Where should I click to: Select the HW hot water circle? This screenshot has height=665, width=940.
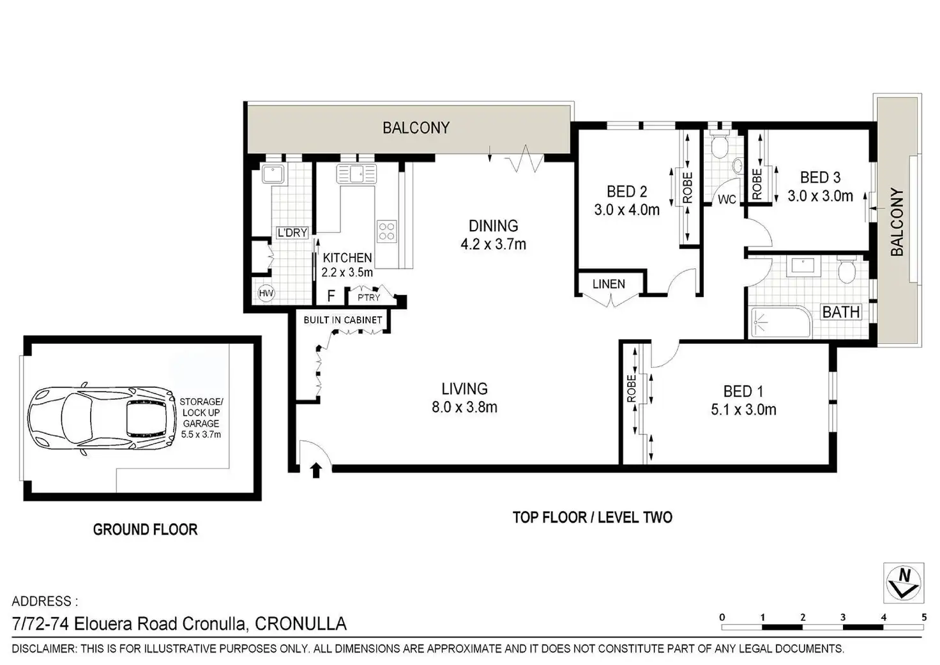click(266, 293)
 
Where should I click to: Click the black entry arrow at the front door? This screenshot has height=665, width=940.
click(316, 471)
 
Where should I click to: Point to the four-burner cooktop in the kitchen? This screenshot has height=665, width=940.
click(386, 232)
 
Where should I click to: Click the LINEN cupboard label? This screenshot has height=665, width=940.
click(609, 284)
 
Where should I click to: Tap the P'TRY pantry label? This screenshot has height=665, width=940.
click(369, 297)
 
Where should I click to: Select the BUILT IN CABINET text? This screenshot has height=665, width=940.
click(343, 320)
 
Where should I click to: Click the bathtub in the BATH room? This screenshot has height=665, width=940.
click(781, 323)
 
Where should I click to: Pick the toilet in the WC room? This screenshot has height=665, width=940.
click(719, 142)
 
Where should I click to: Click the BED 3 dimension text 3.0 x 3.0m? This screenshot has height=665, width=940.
click(821, 196)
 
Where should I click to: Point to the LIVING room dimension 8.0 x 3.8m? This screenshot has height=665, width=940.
click(464, 407)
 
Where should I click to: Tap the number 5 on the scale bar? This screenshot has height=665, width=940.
click(923, 617)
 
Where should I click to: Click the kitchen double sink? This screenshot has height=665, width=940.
click(356, 174)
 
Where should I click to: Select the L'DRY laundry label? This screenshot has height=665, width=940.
click(292, 232)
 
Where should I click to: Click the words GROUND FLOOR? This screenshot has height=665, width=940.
click(145, 530)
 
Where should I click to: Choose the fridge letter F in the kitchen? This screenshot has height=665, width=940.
click(331, 296)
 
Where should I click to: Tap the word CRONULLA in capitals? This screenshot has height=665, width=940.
click(301, 624)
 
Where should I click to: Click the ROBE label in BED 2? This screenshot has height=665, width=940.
click(687, 188)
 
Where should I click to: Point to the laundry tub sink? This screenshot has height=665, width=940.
click(273, 174)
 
